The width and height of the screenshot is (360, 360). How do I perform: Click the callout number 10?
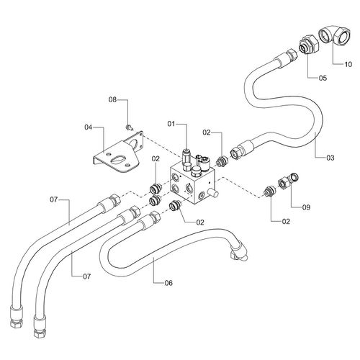(x=348, y=64)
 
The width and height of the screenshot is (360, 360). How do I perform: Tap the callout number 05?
(x=323, y=78)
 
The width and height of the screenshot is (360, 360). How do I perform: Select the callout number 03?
(x=330, y=158)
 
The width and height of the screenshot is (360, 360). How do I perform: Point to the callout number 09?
(x=306, y=207)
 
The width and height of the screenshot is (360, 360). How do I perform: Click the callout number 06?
(x=168, y=283)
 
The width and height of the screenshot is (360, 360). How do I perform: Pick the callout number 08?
(x=112, y=100)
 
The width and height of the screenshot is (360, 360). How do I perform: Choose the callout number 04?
(x=88, y=127)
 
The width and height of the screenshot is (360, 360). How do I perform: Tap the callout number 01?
(x=171, y=124)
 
